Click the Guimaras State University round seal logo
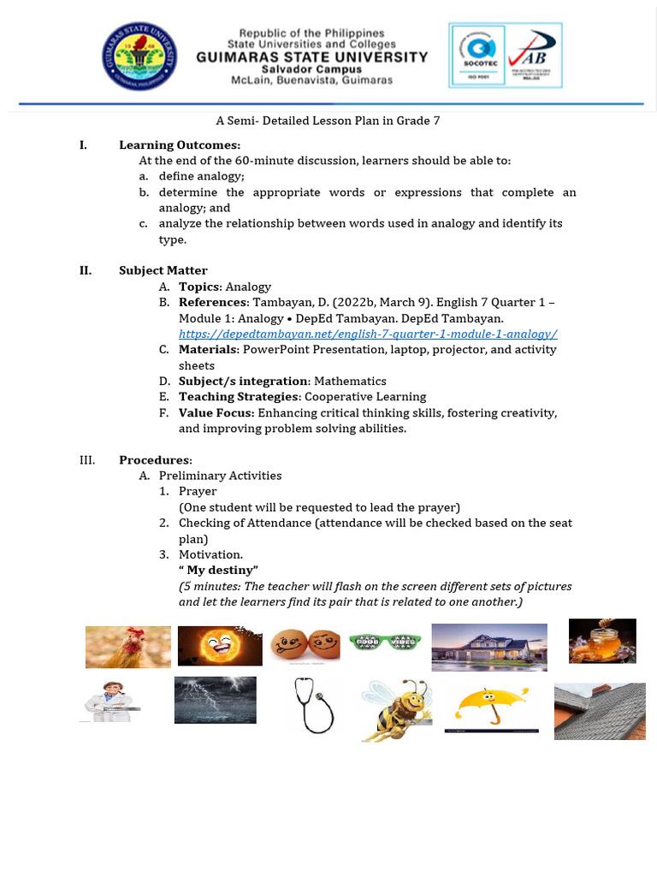pyautogui.click(x=141, y=56)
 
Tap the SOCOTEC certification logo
pyautogui.click(x=476, y=56)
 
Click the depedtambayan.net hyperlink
pyautogui.click(x=368, y=334)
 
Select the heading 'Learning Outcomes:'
pyautogui.click(x=180, y=145)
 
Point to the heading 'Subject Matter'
pyautogui.click(x=163, y=270)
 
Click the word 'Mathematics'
pyautogui.click(x=350, y=381)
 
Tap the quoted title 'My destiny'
pyautogui.click(x=218, y=570)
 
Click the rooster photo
pyautogui.click(x=127, y=646)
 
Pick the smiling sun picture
pyautogui.click(x=220, y=646)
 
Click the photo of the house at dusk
pyautogui.click(x=488, y=647)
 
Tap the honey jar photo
pyautogui.click(x=602, y=641)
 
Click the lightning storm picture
pyautogui.click(x=215, y=700)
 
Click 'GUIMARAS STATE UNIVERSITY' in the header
pyautogui.click(x=312, y=56)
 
